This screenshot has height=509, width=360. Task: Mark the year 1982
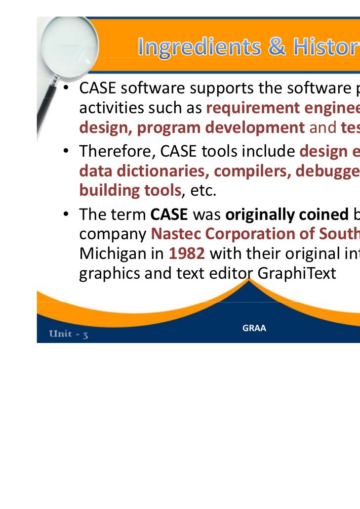click(186, 253)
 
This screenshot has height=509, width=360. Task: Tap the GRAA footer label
click(254, 328)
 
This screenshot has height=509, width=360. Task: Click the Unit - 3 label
click(69, 333)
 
